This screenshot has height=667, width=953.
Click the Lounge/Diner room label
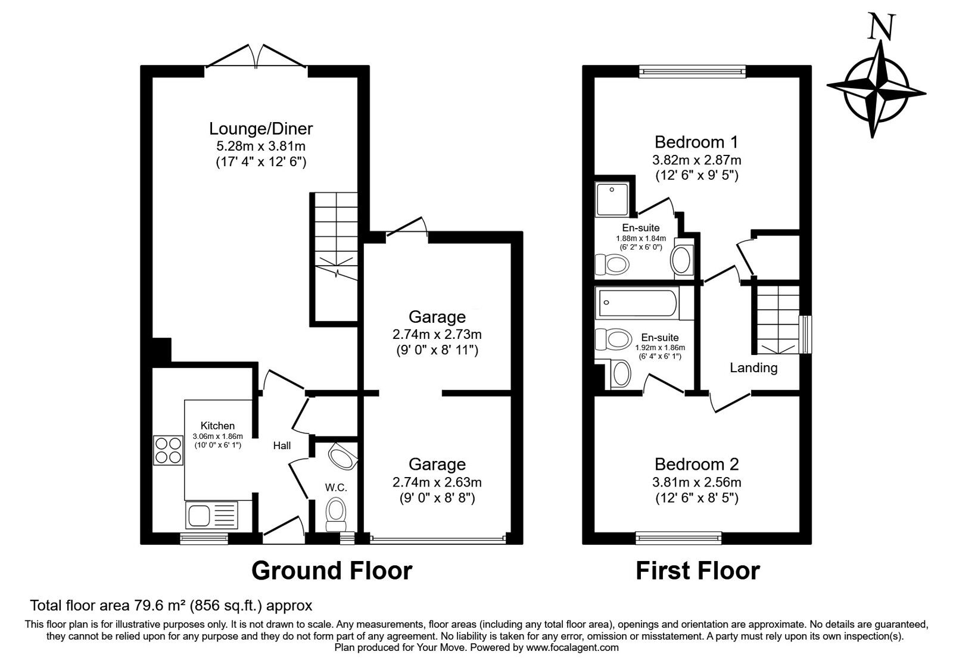[261, 129]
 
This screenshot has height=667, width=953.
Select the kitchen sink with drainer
[211, 515]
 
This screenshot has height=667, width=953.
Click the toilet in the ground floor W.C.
[336, 513]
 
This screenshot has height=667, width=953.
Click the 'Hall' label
[282, 445]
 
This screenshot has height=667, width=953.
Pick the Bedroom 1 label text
[696, 142]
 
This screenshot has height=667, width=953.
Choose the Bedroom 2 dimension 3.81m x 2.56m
[697, 482]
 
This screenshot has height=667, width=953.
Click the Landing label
[753, 368]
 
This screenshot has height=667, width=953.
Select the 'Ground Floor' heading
[331, 571]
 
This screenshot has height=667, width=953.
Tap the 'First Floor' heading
[697, 571]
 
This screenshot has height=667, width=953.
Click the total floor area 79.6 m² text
[171, 606]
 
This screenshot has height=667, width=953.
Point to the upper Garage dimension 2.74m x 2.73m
[437, 333]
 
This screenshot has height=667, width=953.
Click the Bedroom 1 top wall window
[693, 71]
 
